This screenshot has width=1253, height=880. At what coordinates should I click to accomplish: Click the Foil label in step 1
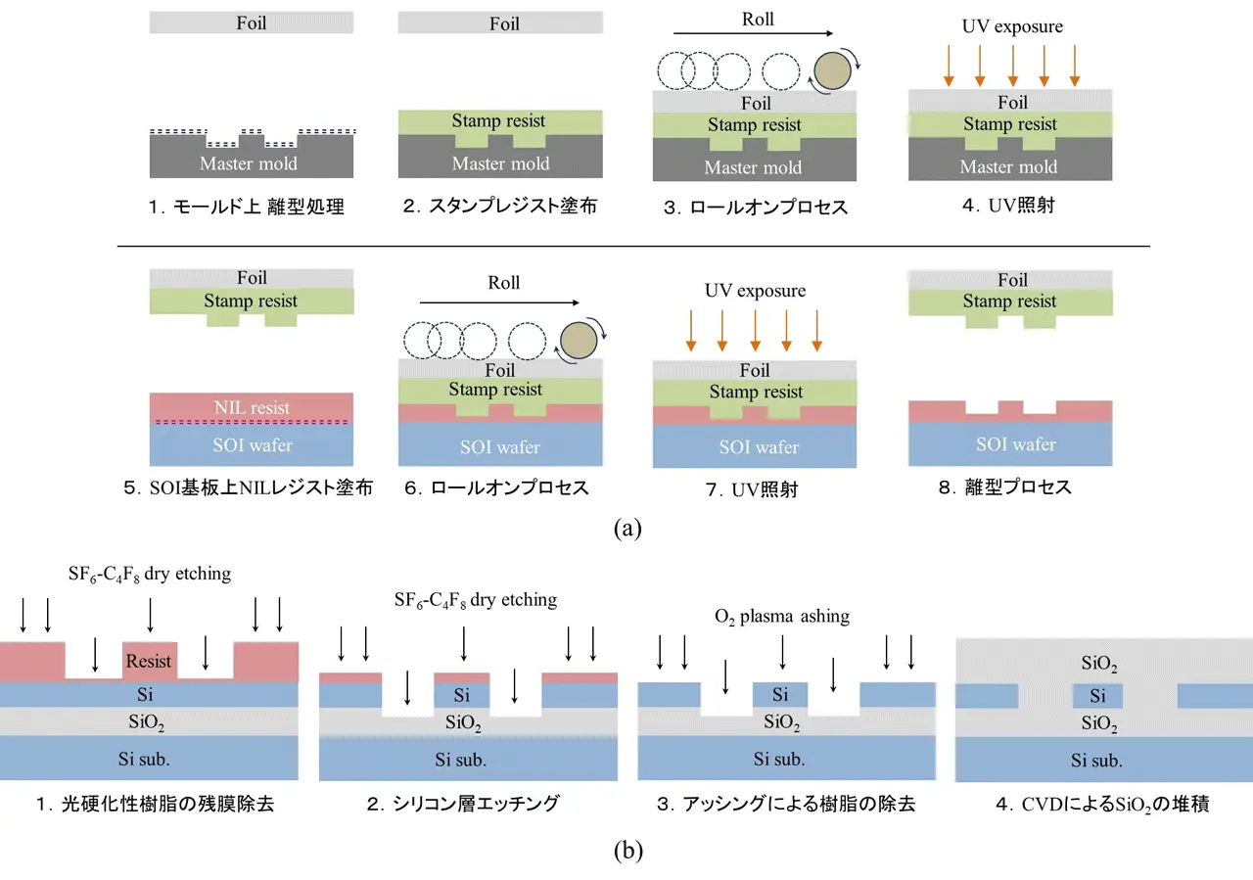point(252,22)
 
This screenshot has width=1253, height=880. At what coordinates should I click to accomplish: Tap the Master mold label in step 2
point(500,163)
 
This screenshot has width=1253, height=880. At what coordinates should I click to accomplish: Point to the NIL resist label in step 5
point(251,407)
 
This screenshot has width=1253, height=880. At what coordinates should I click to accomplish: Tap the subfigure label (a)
point(626,529)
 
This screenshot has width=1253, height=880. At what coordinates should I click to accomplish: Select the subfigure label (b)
point(626,851)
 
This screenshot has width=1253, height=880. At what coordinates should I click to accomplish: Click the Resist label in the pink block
point(149,662)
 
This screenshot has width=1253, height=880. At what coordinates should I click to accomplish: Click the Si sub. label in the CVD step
point(1096,761)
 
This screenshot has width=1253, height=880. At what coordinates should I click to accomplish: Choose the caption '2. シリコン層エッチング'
point(463,805)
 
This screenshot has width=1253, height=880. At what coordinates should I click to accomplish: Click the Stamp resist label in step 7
point(754,393)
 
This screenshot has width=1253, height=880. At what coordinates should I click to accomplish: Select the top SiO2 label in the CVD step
point(1098,666)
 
